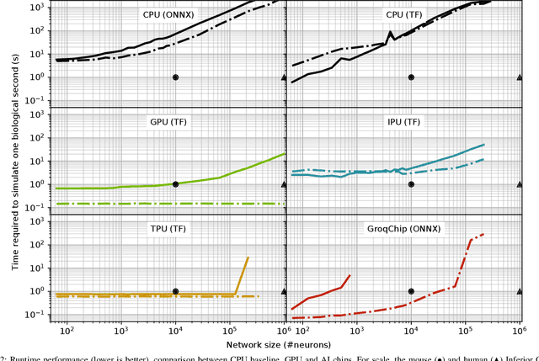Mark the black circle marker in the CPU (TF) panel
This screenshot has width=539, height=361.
pos(411,77)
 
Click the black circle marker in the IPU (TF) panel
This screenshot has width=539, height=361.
pos(411,184)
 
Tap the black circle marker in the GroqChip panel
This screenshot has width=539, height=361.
pos(411,291)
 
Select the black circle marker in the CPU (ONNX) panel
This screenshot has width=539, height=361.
pos(175,77)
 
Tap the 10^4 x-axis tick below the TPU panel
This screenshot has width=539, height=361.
pos(175,330)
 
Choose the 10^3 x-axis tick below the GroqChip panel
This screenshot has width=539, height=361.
pos(356,330)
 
